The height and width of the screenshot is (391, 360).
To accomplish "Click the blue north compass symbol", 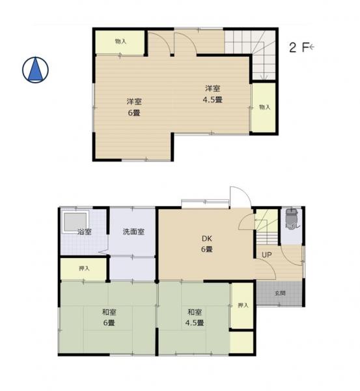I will click(x=37, y=70).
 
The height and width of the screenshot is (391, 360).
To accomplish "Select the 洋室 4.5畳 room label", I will click(x=213, y=94).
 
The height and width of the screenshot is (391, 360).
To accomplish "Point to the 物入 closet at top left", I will click(x=120, y=42).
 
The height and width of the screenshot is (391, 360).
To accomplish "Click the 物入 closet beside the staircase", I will click(x=264, y=108).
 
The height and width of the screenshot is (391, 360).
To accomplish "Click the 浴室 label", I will click(x=84, y=232).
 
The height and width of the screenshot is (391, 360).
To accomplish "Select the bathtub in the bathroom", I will click(x=74, y=223).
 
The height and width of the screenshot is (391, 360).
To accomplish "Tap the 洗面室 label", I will click(x=133, y=232).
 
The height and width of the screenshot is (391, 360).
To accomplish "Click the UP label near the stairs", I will click(x=267, y=255).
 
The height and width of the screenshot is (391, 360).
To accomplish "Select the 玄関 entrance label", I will click(x=279, y=293).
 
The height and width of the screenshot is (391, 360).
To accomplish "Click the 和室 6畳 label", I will click(x=108, y=317).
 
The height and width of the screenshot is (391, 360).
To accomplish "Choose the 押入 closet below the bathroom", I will click(x=84, y=268).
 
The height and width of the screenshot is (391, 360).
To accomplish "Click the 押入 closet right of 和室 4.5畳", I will click(x=242, y=306).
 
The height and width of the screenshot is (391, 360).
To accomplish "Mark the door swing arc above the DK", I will click(x=238, y=197).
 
